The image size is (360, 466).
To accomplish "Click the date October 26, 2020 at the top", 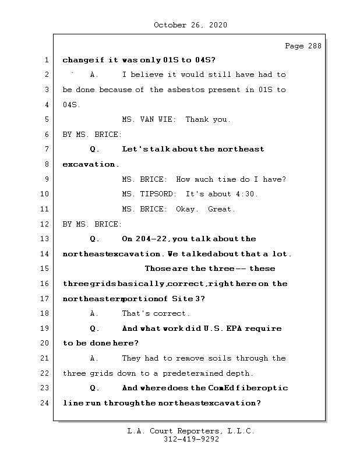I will pyautogui.click(x=190, y=25).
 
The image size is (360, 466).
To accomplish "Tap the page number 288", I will pyautogui.click(x=312, y=46).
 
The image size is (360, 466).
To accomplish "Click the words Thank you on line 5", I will pyautogui.click(x=207, y=119).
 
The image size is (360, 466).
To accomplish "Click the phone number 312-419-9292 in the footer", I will pyautogui.click(x=190, y=440).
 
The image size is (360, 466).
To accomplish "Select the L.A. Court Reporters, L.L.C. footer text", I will pyautogui.click(x=190, y=431).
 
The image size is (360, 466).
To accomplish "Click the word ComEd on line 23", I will pyautogui.click(x=221, y=388).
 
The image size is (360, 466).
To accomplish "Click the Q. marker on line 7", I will pyautogui.click(x=95, y=149).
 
